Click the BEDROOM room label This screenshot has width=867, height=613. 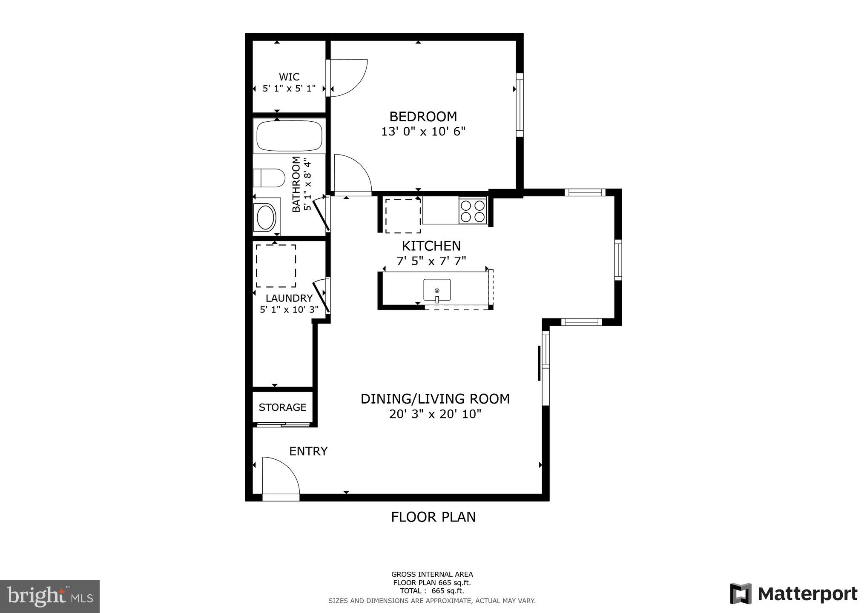point(423,116)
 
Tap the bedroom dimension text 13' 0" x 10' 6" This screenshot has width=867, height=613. point(423,132)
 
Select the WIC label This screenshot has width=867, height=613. point(289,77)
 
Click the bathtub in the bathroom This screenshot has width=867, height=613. point(289,135)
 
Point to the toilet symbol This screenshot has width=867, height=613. point(269,178)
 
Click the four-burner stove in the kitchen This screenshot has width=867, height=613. point(473,211)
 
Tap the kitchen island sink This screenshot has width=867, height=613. point(437,290)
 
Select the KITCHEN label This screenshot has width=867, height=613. point(431,246)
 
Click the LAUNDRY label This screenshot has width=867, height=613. point(289,298)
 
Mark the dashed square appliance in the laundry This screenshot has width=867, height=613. point(276,266)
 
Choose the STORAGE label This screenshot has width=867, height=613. point(282,407)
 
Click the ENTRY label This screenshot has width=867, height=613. point(308,451)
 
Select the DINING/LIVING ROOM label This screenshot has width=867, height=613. point(435,399)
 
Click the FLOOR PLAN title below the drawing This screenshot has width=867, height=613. point(433,517)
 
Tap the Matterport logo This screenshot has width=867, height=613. point(793,594)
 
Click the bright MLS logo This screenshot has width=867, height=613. point(50,596)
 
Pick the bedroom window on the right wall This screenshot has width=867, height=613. point(520,105)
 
